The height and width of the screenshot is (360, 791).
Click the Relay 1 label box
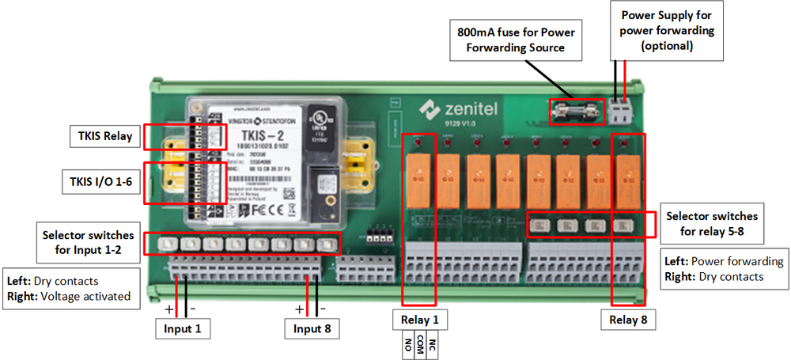point(419,320)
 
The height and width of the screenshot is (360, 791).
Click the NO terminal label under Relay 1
point(408,345)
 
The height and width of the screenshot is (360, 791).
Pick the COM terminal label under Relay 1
point(420,345)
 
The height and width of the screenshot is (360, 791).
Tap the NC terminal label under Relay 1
point(432,345)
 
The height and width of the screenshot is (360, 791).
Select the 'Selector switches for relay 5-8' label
point(712,222)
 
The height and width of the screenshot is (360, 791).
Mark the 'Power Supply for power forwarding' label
point(667,31)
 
